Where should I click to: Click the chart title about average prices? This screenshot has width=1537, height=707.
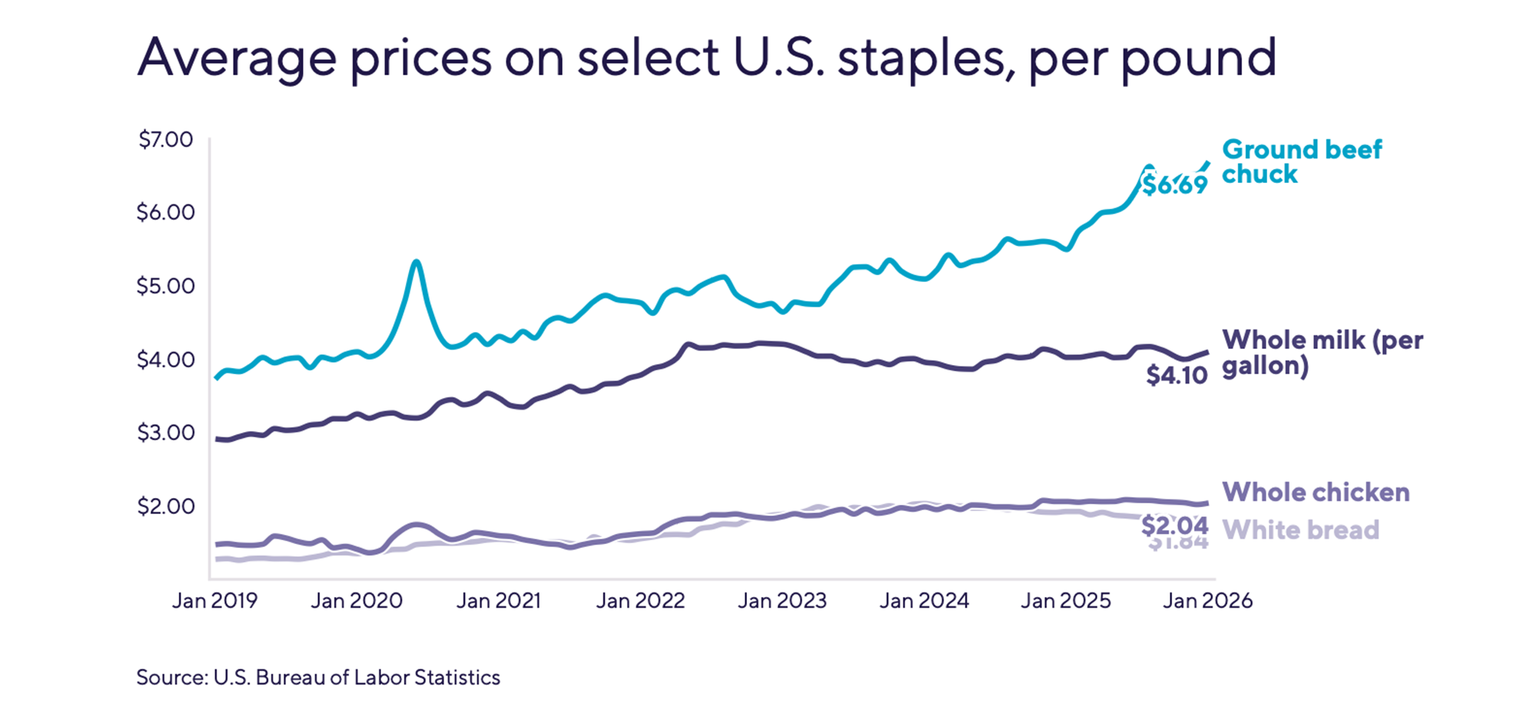[x=706, y=58]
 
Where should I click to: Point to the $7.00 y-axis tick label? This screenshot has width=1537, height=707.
[x=165, y=140]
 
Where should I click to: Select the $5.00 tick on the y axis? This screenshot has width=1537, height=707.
[x=165, y=286]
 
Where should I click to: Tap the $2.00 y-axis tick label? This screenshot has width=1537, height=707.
[x=165, y=506]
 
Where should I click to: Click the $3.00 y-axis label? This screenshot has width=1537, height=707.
[x=165, y=433]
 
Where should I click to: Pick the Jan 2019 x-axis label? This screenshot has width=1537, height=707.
[x=214, y=600]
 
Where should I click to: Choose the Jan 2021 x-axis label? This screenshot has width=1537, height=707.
[x=499, y=600]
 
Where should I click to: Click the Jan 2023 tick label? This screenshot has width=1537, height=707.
[x=782, y=600]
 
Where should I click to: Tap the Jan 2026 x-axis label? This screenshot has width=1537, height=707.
[x=1207, y=600]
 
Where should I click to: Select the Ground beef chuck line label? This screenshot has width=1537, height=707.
[x=1301, y=161]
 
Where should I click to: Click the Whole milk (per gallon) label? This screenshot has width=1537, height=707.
[x=1322, y=352]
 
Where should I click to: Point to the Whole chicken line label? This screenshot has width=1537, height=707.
[x=1316, y=492]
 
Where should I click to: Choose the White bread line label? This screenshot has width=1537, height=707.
[x=1300, y=529]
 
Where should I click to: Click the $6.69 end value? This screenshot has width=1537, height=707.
[x=1174, y=185]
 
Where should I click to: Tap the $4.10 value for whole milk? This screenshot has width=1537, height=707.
[x=1177, y=375]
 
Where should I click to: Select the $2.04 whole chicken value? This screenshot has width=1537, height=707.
[x=1174, y=526]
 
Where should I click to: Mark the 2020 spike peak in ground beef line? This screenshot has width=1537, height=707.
[x=416, y=262]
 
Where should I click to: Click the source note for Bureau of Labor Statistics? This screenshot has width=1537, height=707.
[x=318, y=677]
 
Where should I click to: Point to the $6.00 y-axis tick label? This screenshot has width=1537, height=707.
[x=165, y=212]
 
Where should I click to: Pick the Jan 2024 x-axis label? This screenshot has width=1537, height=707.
[x=924, y=600]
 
